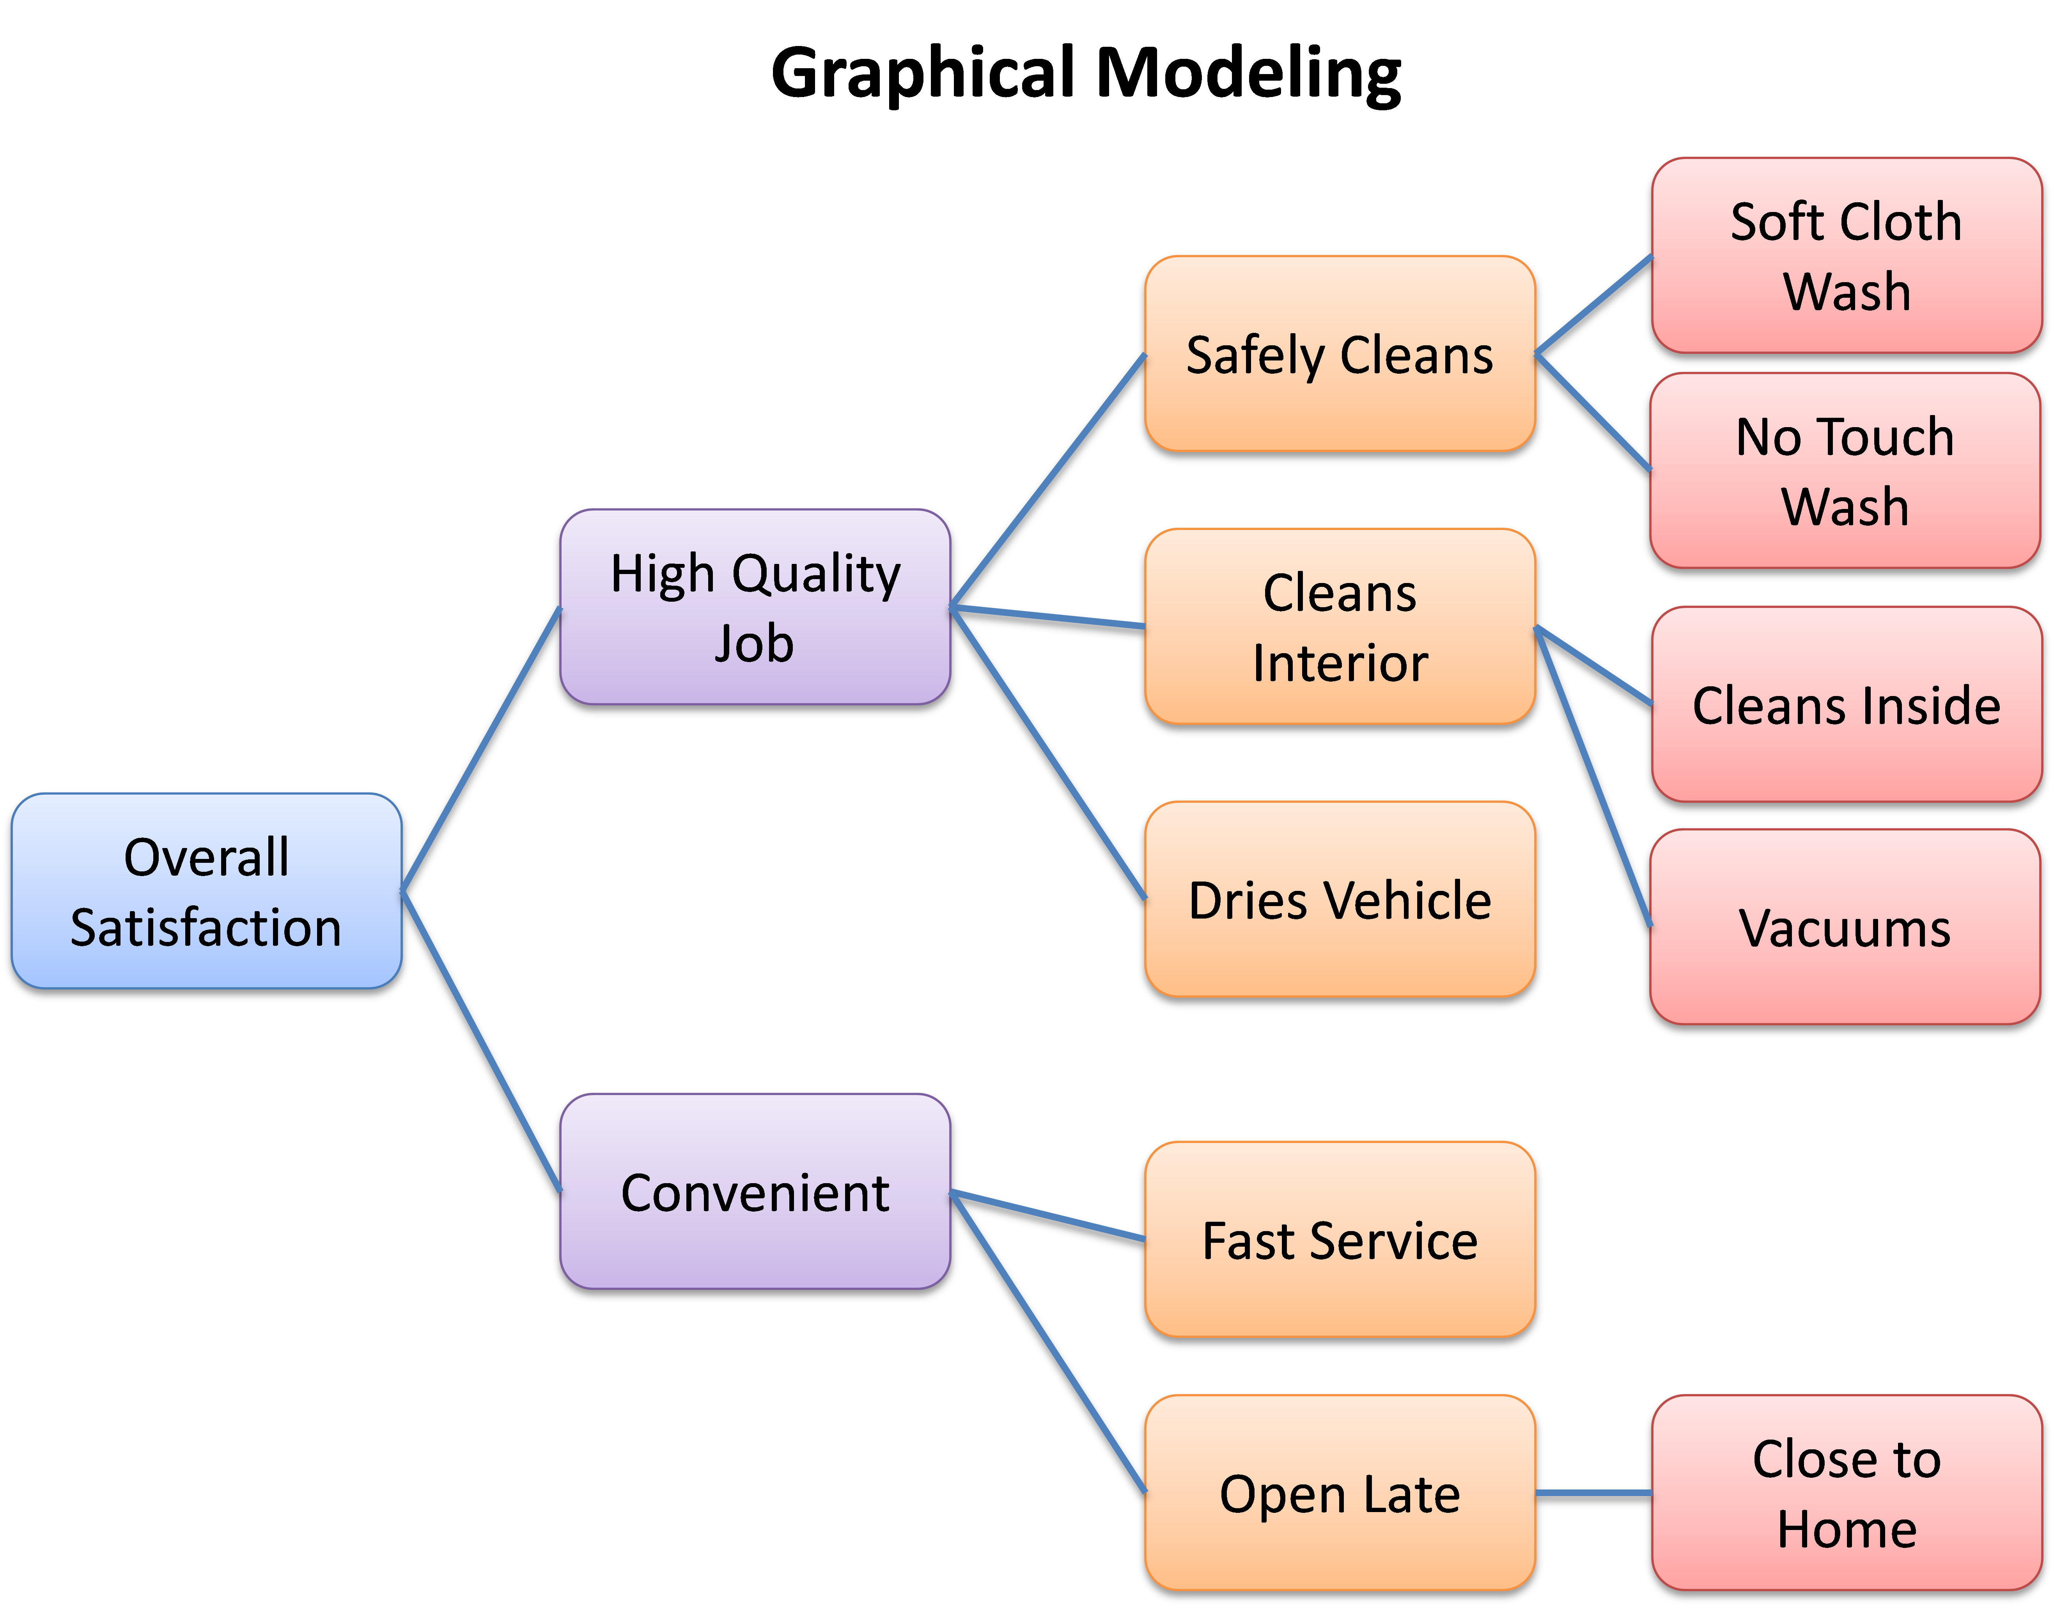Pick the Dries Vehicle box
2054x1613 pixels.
(x=1339, y=899)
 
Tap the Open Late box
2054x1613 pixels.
(x=1339, y=1493)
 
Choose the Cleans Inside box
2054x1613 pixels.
(x=1846, y=705)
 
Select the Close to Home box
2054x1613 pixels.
(x=1846, y=1493)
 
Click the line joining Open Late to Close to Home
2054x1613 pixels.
(x=1594, y=1493)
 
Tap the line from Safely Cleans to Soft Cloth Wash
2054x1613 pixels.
(x=1594, y=305)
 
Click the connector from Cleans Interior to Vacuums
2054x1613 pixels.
(x=1594, y=776)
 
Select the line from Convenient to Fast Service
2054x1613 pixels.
(x=1049, y=1215)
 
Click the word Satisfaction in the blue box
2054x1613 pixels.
(x=206, y=928)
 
